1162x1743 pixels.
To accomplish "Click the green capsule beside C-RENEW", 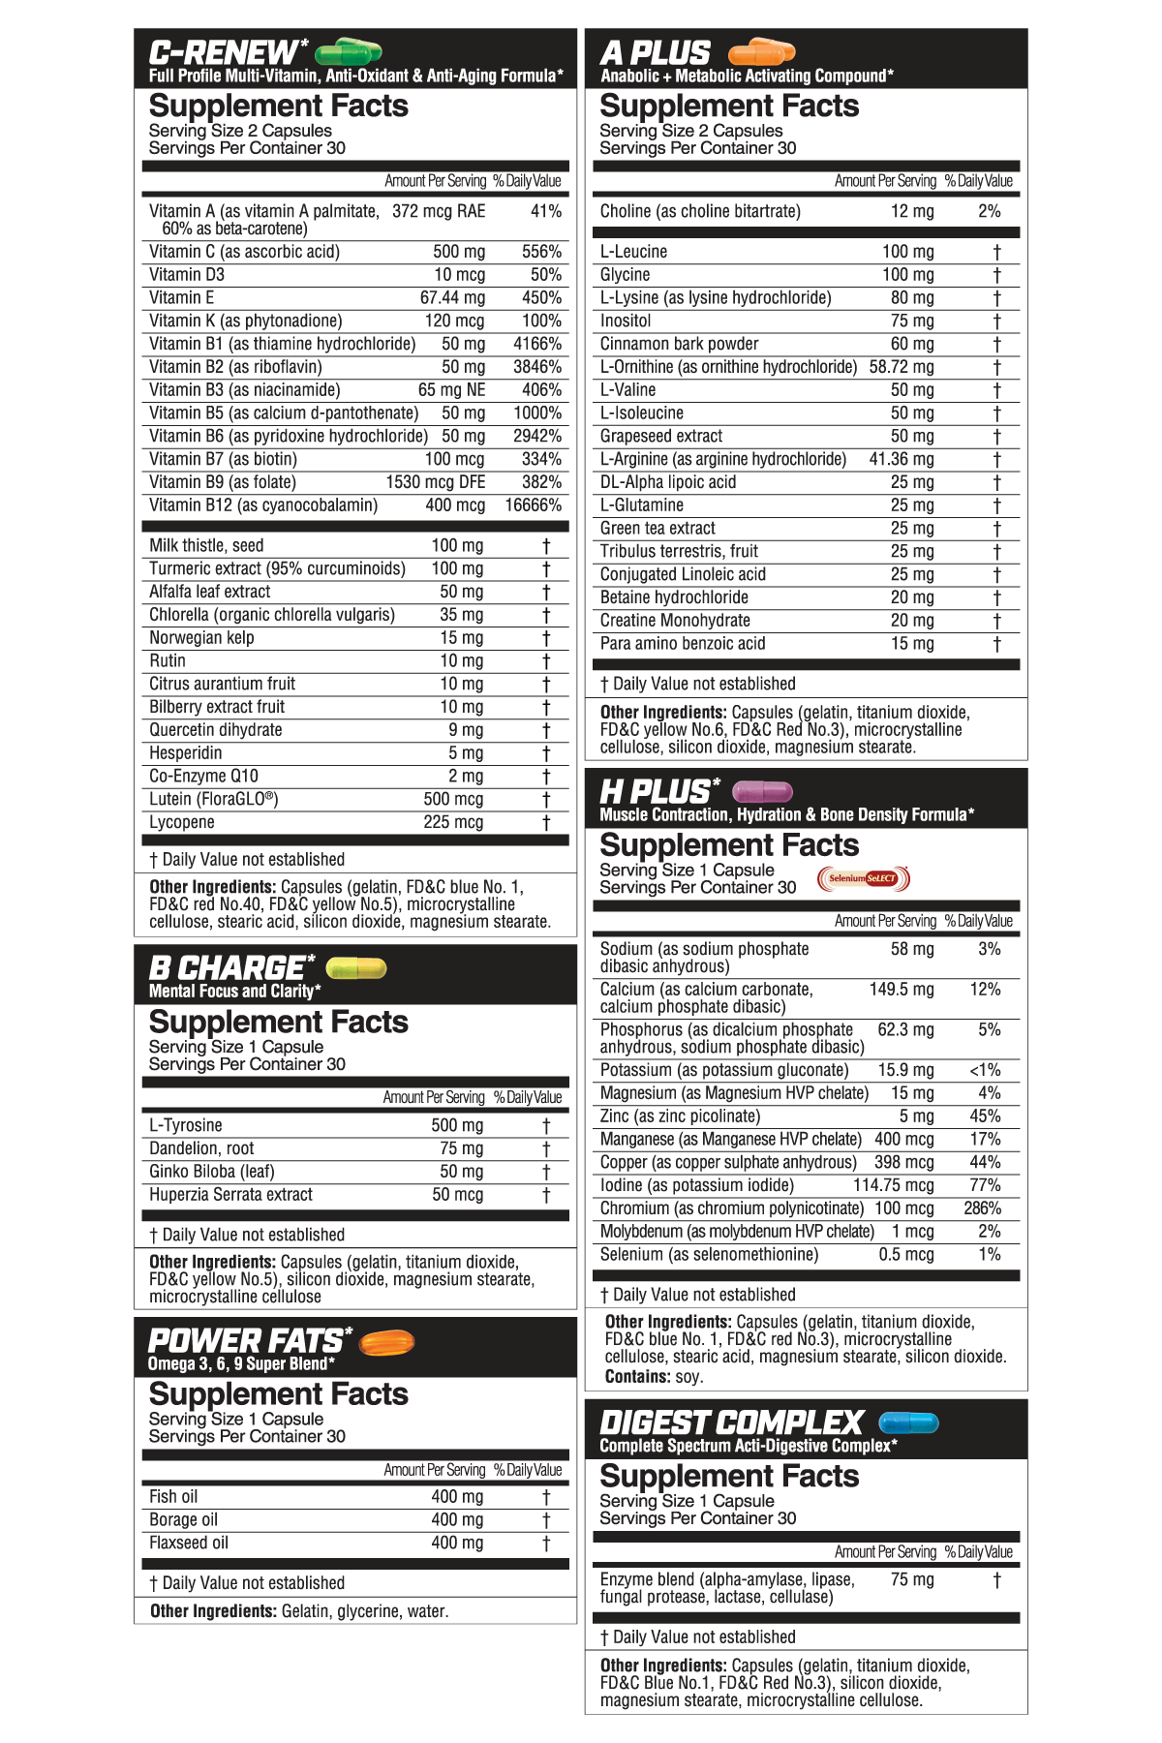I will (x=349, y=51).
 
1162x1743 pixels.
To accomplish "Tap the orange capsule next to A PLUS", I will (x=761, y=51).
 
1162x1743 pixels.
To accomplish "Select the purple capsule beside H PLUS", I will (x=762, y=791).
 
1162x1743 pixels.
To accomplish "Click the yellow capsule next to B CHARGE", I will (x=356, y=967).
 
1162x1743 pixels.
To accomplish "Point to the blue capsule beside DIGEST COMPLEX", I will (x=908, y=1422).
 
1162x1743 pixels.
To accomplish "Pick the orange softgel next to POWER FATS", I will (x=386, y=1342).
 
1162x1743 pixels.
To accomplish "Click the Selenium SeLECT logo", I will (x=864, y=878).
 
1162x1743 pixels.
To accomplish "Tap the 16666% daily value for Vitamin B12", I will (x=533, y=505).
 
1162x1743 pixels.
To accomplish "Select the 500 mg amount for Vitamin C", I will (x=459, y=252).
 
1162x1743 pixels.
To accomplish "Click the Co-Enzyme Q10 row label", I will (x=203, y=777).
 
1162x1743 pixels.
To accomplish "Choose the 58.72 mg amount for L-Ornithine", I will (x=902, y=367).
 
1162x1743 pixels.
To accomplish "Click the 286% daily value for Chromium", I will (x=982, y=1208).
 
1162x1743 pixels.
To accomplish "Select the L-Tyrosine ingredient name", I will (x=186, y=1125).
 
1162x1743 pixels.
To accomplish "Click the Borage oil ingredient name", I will (x=183, y=1520).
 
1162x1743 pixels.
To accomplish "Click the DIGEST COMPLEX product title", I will (x=731, y=1422).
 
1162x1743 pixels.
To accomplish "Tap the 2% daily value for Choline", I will (x=989, y=211).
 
